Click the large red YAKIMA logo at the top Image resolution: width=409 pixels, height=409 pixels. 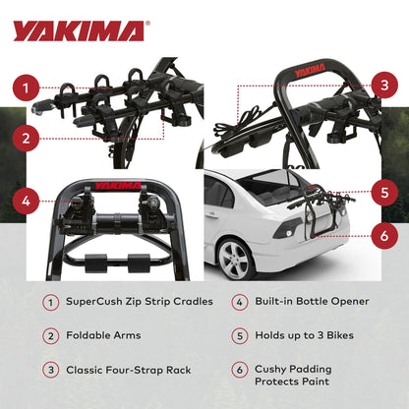(78, 30)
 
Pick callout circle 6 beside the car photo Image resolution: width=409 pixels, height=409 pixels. (384, 236)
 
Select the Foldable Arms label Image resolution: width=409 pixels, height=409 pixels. (102, 336)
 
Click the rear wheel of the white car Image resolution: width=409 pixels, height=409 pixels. (236, 260)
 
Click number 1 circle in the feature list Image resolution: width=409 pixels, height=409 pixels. (51, 304)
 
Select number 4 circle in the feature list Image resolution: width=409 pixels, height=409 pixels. (240, 304)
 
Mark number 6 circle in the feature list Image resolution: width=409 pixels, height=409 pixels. (240, 370)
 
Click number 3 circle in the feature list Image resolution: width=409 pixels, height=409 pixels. (51, 370)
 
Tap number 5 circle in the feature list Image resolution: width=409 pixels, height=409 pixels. (240, 336)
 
